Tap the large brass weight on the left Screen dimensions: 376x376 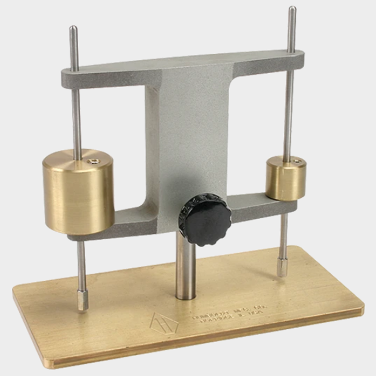pos(79,193)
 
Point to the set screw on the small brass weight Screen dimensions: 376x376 pos(297,160)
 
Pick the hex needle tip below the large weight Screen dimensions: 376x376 pos(82,302)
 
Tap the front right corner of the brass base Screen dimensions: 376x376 pos(362,308)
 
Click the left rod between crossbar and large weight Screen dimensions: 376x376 pos(76,120)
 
